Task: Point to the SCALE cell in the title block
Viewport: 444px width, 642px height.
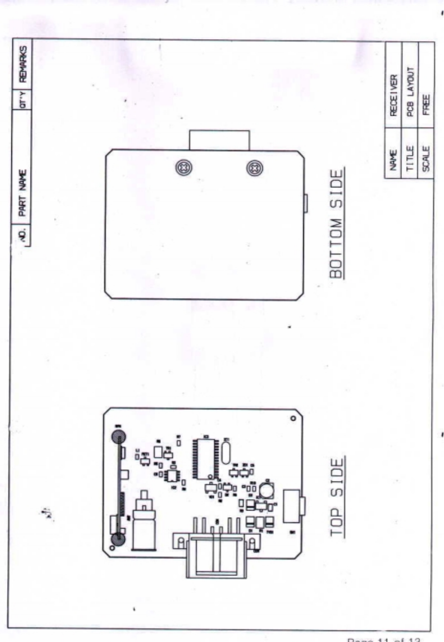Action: (426, 158)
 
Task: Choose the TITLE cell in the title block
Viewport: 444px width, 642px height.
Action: (410, 158)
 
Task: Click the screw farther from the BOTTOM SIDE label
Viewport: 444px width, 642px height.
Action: (182, 168)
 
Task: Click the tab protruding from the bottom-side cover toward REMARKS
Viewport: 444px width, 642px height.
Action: (219, 140)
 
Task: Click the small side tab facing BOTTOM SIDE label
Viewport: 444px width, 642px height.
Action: (305, 203)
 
